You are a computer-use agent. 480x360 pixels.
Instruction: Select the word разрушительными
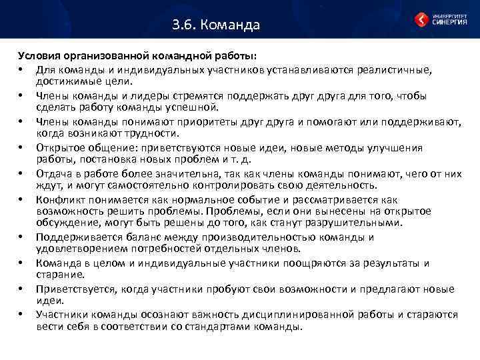(366, 223)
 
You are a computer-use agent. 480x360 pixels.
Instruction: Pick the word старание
(61, 273)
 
